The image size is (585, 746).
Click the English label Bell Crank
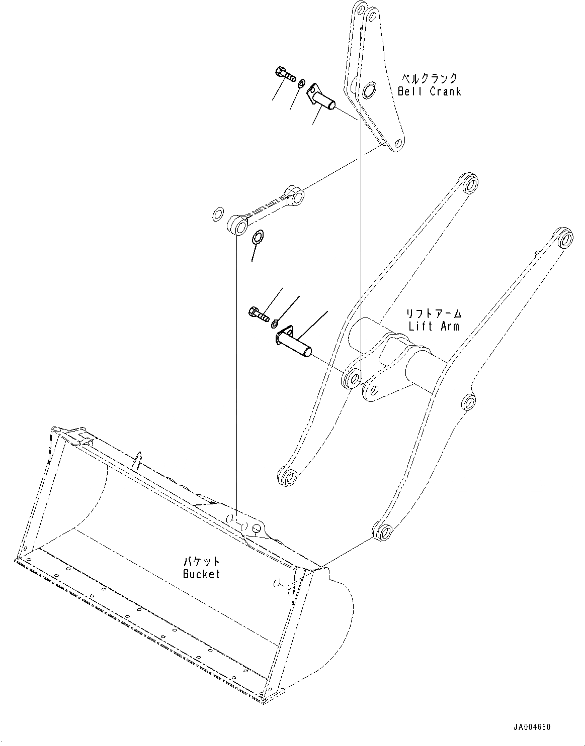(x=429, y=91)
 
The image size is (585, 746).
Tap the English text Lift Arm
(x=434, y=326)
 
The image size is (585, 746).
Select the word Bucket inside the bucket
(x=201, y=573)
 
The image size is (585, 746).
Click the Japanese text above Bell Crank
(x=429, y=78)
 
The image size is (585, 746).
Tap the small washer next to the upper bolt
(x=301, y=83)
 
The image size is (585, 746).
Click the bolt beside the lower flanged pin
(x=259, y=313)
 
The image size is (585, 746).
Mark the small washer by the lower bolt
(x=274, y=324)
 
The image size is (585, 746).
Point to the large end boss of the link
(x=238, y=224)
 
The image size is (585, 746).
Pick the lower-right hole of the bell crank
(x=397, y=144)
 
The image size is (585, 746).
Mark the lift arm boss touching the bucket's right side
(x=382, y=530)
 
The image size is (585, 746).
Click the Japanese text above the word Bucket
(x=201, y=561)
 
